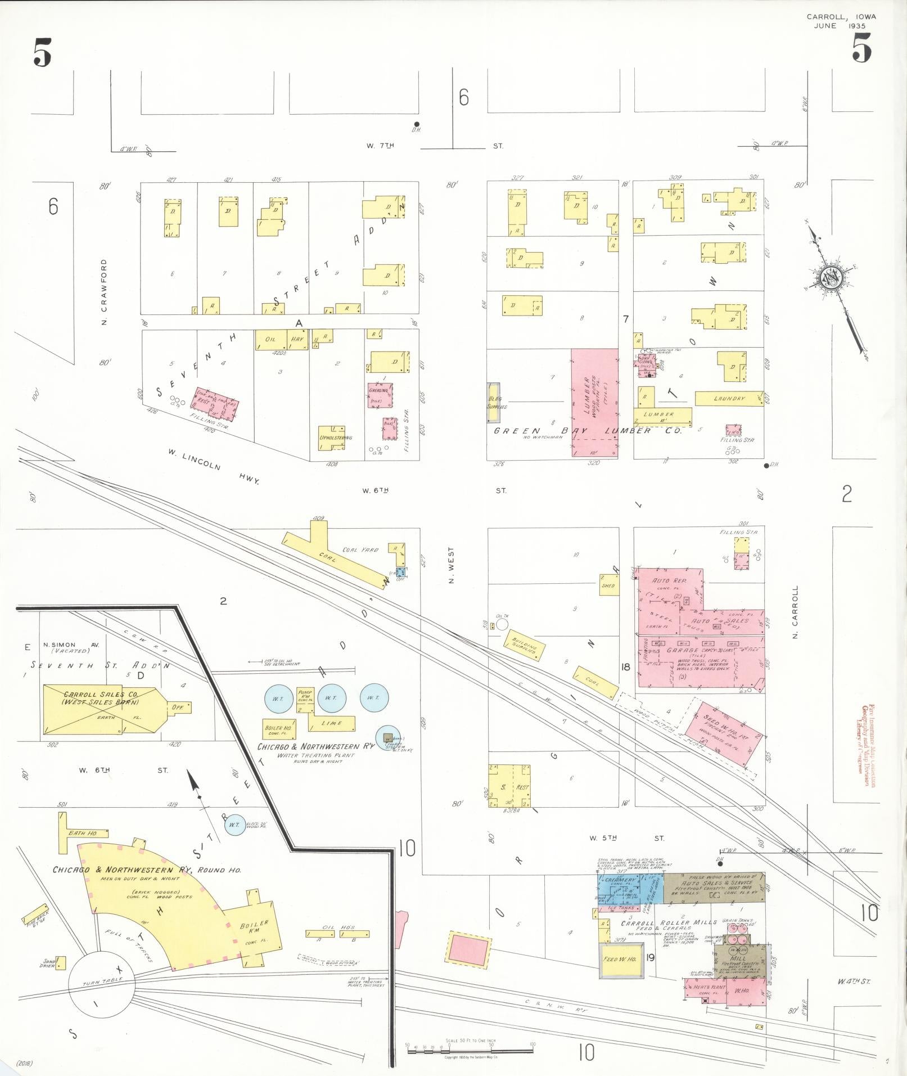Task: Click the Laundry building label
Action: [729, 399]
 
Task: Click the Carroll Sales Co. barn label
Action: [93, 698]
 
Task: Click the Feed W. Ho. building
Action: [619, 960]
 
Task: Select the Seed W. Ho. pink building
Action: [724, 729]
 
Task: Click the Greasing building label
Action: [379, 390]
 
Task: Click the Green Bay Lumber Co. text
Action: [586, 430]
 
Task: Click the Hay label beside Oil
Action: [297, 339]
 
